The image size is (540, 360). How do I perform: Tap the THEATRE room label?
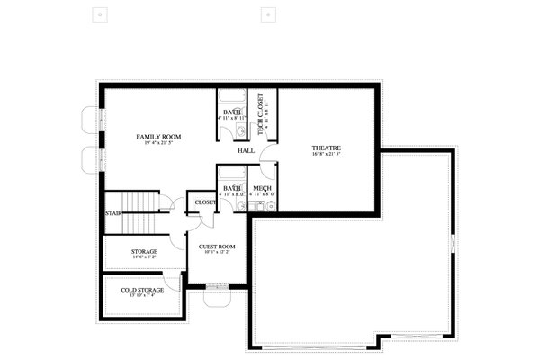pyautogui.click(x=326, y=148)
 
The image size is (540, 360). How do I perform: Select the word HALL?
pyautogui.click(x=246, y=151)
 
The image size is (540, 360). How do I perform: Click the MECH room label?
pyautogui.click(x=263, y=188)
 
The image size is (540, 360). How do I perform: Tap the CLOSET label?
pyautogui.click(x=205, y=203)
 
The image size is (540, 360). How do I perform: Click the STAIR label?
pyautogui.click(x=113, y=214)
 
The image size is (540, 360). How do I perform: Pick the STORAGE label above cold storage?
pyautogui.click(x=144, y=251)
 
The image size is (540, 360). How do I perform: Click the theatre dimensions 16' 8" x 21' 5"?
pyautogui.click(x=326, y=155)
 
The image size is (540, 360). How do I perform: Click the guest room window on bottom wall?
pyautogui.click(x=217, y=287)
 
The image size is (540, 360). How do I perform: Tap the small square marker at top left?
pyautogui.click(x=98, y=14)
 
